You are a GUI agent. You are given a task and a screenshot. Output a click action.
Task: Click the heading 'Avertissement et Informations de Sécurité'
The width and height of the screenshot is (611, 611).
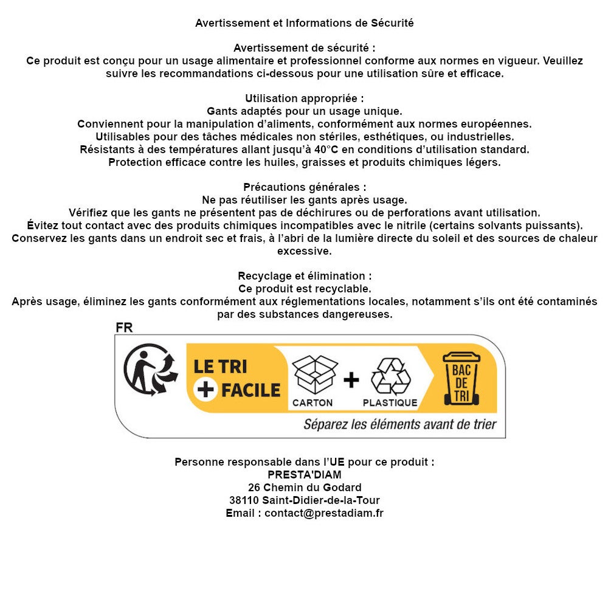tap(304, 23)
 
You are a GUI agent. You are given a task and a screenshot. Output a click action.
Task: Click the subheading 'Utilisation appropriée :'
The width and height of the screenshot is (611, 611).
tap(304, 98)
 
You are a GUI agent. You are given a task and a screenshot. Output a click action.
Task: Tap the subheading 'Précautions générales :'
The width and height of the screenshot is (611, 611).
tap(305, 187)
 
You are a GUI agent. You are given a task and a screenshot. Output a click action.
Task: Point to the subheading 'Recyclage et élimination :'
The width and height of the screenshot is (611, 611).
tap(305, 276)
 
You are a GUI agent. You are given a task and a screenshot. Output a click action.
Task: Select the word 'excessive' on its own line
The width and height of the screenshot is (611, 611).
tap(305, 251)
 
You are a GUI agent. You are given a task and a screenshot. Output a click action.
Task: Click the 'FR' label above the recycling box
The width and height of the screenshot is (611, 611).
tap(124, 328)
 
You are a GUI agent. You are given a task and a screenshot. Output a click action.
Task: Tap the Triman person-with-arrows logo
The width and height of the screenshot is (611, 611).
tap(150, 370)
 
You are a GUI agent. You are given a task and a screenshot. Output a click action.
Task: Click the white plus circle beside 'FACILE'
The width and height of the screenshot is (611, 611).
tap(206, 389)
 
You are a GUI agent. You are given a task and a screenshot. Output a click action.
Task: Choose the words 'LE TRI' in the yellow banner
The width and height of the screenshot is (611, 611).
tap(220, 367)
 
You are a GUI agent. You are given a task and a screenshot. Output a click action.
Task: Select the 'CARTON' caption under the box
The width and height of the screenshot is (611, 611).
tap(312, 402)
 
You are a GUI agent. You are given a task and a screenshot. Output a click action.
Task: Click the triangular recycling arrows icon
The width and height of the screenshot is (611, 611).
tap(390, 376)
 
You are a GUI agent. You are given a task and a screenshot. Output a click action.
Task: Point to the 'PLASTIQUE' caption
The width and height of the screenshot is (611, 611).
tap(390, 402)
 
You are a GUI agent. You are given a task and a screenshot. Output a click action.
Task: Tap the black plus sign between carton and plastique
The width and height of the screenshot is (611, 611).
tap(351, 380)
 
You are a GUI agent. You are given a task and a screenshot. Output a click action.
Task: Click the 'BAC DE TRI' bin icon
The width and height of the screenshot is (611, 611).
tap(461, 378)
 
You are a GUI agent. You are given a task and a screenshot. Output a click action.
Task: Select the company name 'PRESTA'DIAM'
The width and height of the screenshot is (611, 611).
tap(305, 474)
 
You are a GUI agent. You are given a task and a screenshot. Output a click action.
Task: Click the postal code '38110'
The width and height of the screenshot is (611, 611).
tap(244, 500)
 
